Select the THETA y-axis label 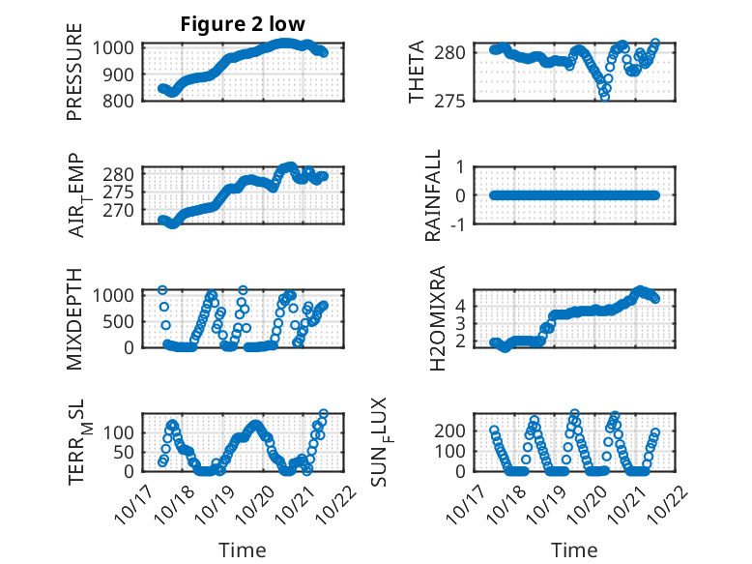(x=417, y=73)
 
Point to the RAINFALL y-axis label (x=434, y=195)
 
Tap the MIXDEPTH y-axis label (x=74, y=318)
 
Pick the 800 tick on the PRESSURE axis (x=121, y=101)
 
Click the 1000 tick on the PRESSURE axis (x=117, y=47)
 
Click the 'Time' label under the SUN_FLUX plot (x=574, y=549)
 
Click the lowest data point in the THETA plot (x=605, y=96)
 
